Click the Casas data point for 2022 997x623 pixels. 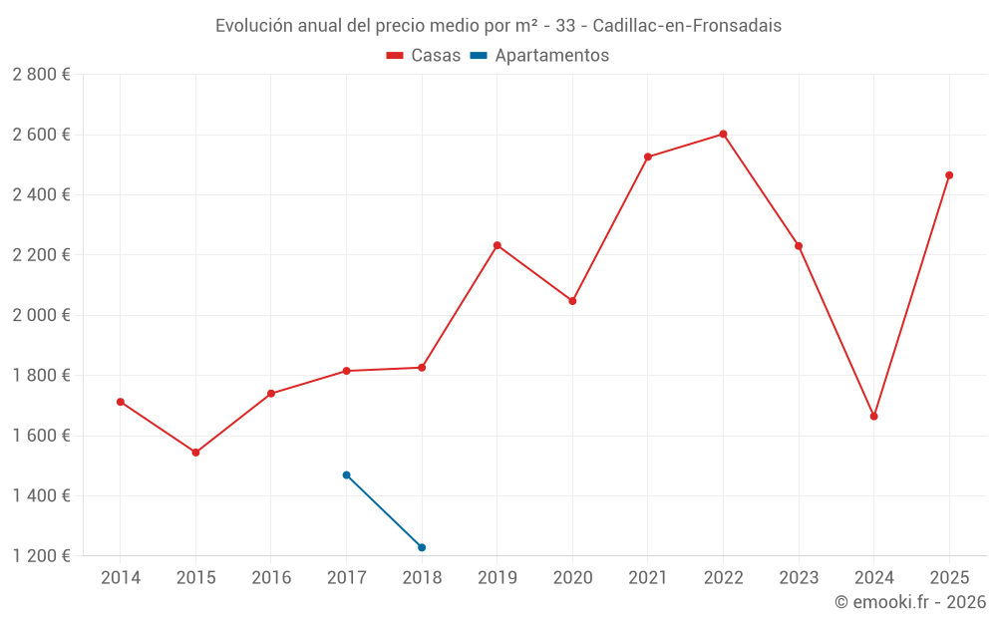(723, 134)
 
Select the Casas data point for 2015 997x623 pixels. (195, 453)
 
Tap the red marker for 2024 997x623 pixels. (873, 416)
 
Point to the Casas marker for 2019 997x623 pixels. (497, 245)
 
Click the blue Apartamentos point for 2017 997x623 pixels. (346, 474)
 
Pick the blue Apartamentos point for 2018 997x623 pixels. (422, 547)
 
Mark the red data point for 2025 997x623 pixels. (949, 175)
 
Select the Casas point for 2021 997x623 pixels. (648, 156)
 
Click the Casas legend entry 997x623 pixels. (424, 56)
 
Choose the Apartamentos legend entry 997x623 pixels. (539, 56)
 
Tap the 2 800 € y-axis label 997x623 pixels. (41, 75)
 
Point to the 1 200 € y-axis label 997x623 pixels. (41, 556)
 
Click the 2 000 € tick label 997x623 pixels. (41, 315)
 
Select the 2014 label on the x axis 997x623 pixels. (121, 578)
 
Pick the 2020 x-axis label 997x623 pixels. (572, 578)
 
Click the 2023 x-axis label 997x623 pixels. (799, 578)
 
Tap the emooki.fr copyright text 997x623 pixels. (909, 602)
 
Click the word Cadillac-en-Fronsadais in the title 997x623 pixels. (687, 25)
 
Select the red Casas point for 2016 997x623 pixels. (271, 394)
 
